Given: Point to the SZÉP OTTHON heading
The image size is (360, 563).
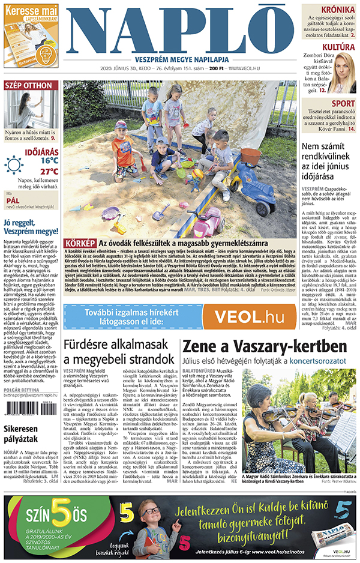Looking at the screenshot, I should click(29, 86).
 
